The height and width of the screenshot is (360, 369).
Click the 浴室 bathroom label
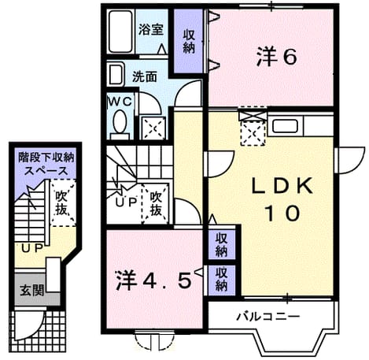click(151, 29)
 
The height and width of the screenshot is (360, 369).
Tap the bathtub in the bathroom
click(120, 32)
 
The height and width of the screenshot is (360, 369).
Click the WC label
click(120, 102)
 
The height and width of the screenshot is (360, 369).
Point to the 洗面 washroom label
click(145, 76)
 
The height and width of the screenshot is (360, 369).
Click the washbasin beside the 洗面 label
click(115, 75)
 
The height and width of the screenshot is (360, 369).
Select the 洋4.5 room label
click(153, 281)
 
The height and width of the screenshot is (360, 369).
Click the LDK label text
click(282, 186)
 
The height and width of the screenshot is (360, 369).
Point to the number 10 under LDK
click(282, 213)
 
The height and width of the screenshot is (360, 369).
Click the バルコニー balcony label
click(268, 317)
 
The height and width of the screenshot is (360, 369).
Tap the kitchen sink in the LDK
click(286, 126)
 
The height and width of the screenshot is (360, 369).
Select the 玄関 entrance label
click(32, 291)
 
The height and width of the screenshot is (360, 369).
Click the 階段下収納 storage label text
click(46, 158)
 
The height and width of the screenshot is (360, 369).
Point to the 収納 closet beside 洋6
click(189, 42)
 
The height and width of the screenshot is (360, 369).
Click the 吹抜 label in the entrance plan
click(62, 203)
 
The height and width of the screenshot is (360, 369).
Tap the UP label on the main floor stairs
click(126, 202)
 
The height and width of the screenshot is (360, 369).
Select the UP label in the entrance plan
click(32, 248)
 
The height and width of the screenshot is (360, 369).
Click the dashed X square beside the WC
click(153, 128)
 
